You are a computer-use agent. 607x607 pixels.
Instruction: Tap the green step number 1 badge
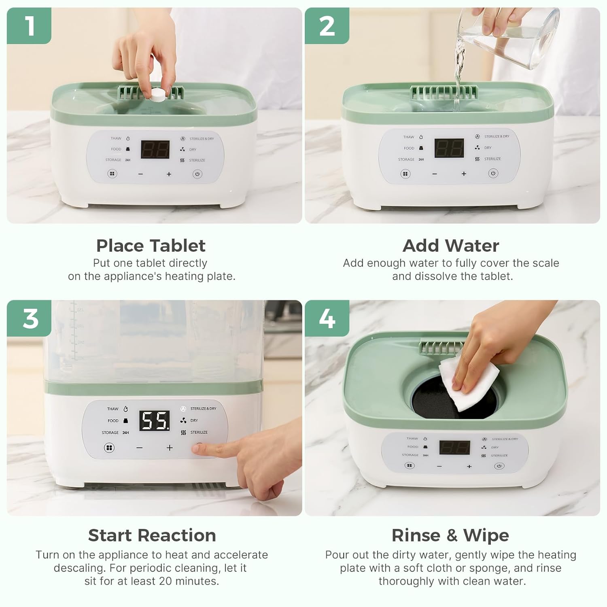coord(29,25)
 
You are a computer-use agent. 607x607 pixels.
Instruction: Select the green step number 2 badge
coord(327,25)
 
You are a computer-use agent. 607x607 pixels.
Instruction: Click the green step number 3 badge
coord(29,318)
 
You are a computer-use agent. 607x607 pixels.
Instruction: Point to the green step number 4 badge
coord(327,318)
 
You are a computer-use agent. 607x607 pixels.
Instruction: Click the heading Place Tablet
coord(151,246)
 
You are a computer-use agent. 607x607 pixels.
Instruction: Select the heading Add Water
coord(451,246)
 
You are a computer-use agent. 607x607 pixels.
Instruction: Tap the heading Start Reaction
coord(152,535)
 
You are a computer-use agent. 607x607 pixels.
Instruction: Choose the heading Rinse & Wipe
coord(450,535)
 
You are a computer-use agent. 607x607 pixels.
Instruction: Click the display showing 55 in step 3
coord(155,421)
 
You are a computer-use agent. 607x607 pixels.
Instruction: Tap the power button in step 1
coord(197,174)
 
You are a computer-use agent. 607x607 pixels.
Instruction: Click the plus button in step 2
coord(464,174)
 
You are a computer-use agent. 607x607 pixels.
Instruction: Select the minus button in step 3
coord(140,448)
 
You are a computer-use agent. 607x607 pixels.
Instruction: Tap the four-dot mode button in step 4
coord(410,465)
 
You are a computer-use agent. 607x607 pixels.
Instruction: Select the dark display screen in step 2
coord(449,148)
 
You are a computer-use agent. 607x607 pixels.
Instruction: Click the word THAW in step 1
coord(116,138)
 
